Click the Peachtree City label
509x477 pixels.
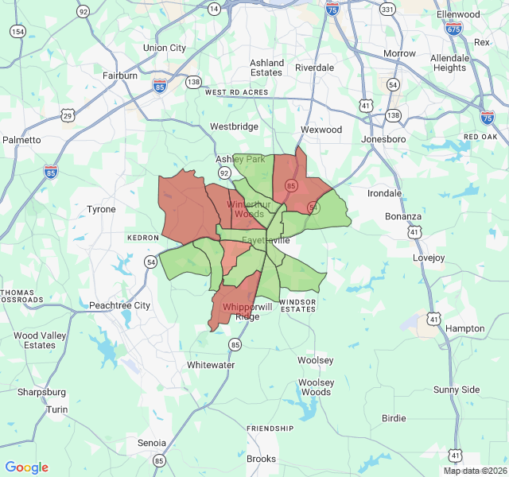pyautogui.click(x=119, y=305)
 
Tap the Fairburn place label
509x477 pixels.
pyautogui.click(x=120, y=76)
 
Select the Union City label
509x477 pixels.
pyautogui.click(x=164, y=48)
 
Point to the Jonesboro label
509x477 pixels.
pyautogui.click(x=383, y=139)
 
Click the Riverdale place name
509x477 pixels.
pyautogui.click(x=314, y=68)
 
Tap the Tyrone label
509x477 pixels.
pyautogui.click(x=101, y=209)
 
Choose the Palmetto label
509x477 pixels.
pyautogui.click(x=21, y=140)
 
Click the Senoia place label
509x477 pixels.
pyautogui.click(x=152, y=442)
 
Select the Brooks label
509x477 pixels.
pyautogui.click(x=261, y=459)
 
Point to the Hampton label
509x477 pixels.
pyautogui.click(x=465, y=328)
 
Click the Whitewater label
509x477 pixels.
pyautogui.click(x=211, y=365)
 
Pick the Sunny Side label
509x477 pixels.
pyautogui.click(x=457, y=390)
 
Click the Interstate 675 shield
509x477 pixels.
pyautogui.click(x=453, y=29)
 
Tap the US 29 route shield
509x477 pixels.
pyautogui.click(x=68, y=116)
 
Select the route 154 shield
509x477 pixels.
pyautogui.click(x=17, y=31)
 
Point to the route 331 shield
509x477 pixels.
pyautogui.click(x=387, y=9)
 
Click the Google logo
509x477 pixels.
pyautogui.click(x=26, y=467)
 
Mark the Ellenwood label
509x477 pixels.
pyautogui.click(x=459, y=14)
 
